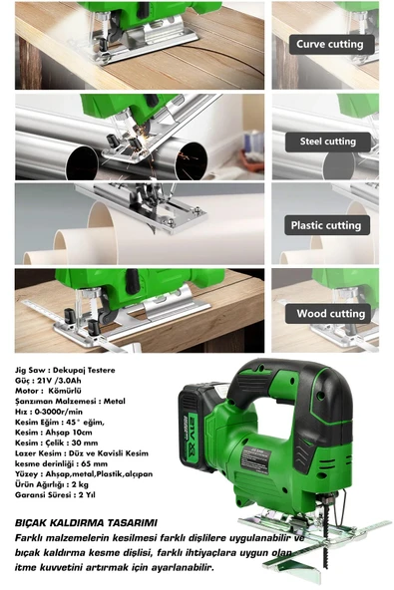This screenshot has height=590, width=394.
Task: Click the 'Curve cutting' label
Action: pyautogui.click(x=331, y=45)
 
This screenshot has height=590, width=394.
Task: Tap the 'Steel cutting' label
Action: pyautogui.click(x=328, y=142)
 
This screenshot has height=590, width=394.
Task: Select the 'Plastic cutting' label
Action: pyautogui.click(x=326, y=225)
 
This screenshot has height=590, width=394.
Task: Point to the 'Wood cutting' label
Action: pyautogui.click(x=330, y=313)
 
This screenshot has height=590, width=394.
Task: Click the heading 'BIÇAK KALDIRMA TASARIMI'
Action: pyautogui.click(x=86, y=522)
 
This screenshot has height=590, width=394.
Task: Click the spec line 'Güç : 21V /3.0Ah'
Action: pyautogui.click(x=48, y=381)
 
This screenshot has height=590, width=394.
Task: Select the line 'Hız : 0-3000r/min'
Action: pyautogui.click(x=49, y=412)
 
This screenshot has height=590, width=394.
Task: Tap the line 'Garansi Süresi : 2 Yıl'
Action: pyautogui.click(x=55, y=494)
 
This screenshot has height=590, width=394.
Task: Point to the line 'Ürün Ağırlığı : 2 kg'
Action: pyautogui.click(x=52, y=484)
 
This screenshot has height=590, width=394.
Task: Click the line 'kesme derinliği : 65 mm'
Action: pyautogui.click(x=61, y=463)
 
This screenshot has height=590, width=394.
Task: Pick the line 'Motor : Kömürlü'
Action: pyautogui.click(x=48, y=391)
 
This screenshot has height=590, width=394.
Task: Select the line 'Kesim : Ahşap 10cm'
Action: pyautogui.click(x=54, y=433)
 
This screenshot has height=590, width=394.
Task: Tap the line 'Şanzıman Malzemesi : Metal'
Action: pyautogui.click(x=70, y=401)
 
